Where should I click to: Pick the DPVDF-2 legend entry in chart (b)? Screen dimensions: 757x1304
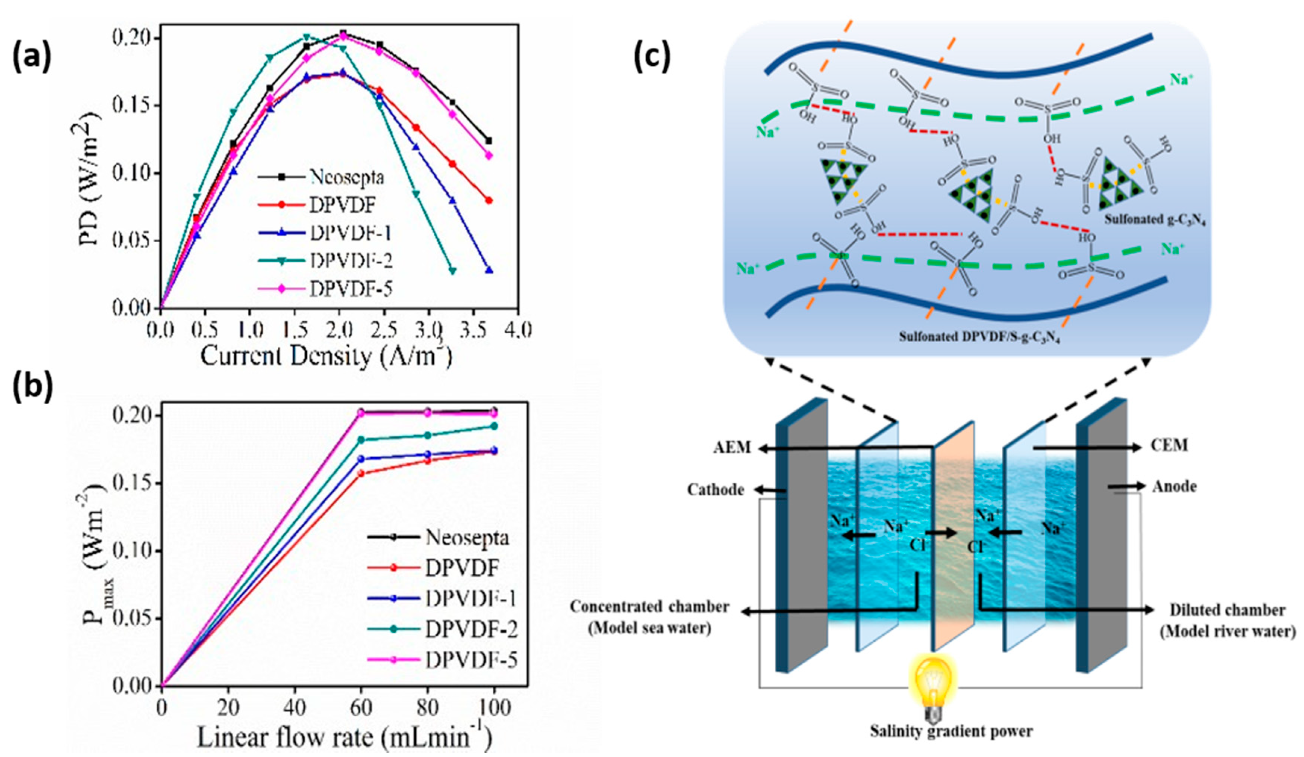(x=471, y=629)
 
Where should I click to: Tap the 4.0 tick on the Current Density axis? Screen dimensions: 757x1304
(x=518, y=330)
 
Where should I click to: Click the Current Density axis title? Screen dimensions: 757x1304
(x=326, y=356)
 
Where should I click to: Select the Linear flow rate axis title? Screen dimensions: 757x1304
(x=344, y=737)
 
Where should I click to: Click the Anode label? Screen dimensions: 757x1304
(x=1174, y=486)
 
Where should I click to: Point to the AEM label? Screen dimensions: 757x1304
(x=732, y=447)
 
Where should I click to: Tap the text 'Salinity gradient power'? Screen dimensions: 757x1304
(x=951, y=731)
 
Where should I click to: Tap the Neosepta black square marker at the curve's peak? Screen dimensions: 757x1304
(x=343, y=34)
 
